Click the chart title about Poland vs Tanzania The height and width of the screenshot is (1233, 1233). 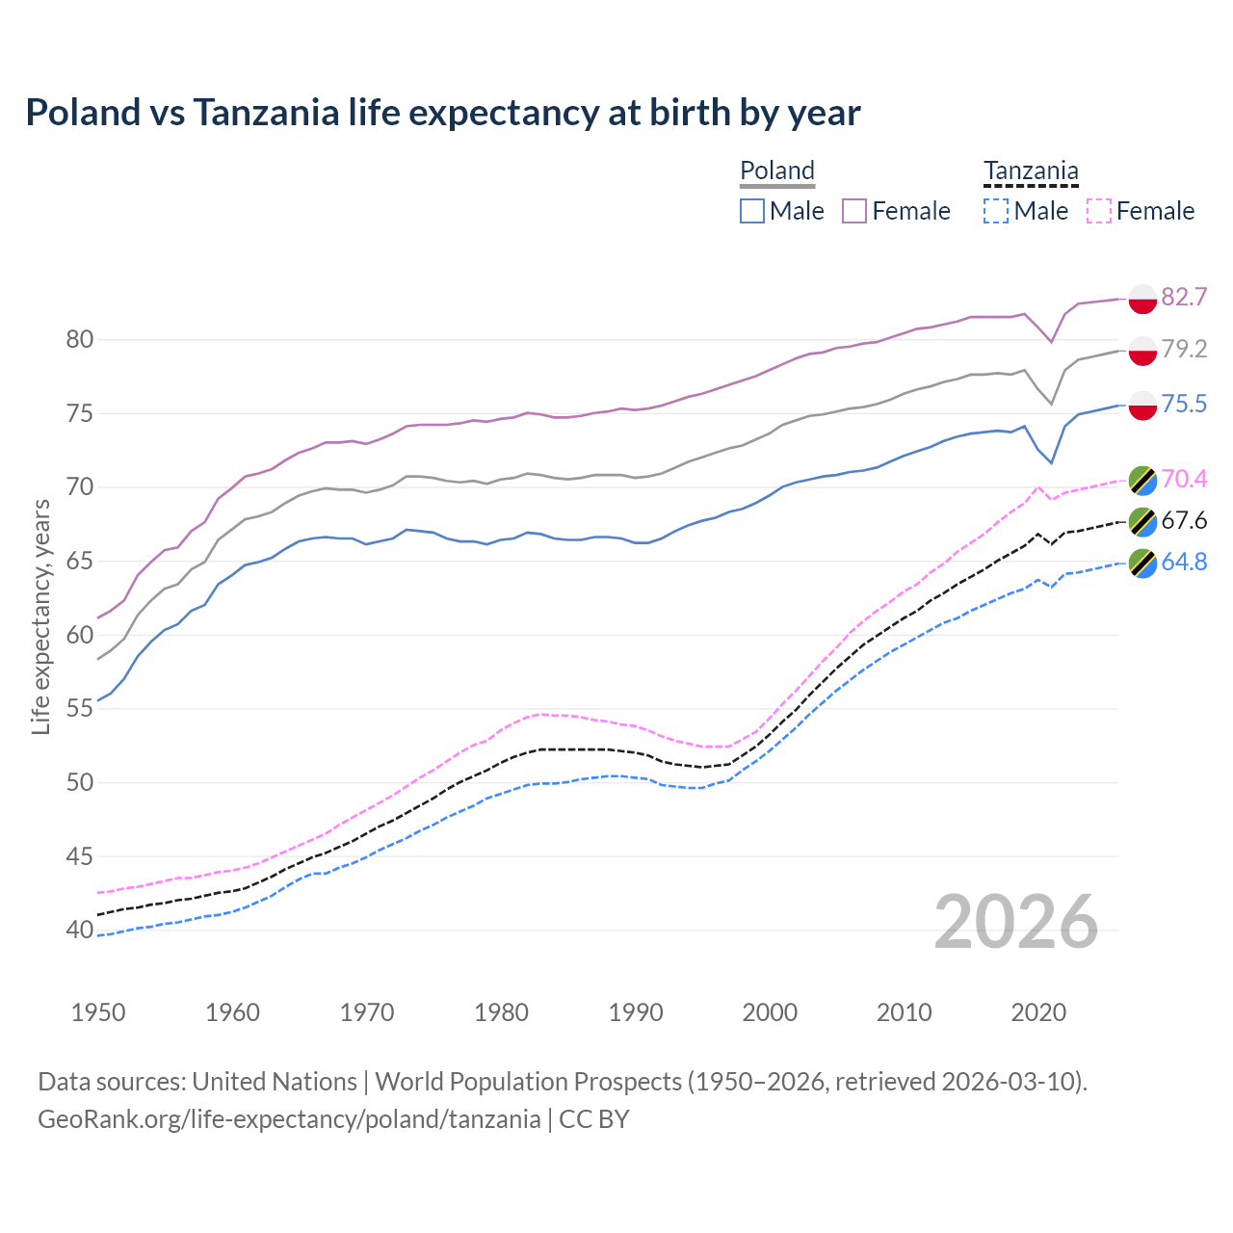tap(442, 113)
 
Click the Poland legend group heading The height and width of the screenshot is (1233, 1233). tap(777, 171)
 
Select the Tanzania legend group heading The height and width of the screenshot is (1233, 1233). tap(1031, 171)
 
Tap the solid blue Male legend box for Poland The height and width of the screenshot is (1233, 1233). tap(752, 211)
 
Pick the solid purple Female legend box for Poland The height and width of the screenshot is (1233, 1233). tap(854, 211)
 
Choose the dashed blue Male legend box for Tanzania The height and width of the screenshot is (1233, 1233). tap(996, 211)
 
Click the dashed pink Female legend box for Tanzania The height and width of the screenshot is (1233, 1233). tap(1099, 211)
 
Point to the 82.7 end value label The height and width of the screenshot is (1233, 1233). tap(1184, 297)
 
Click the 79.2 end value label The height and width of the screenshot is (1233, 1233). tap(1184, 349)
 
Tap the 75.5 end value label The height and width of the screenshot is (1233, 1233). tap(1184, 404)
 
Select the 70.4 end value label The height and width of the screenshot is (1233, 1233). tap(1184, 479)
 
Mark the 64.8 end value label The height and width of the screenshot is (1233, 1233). tap(1184, 562)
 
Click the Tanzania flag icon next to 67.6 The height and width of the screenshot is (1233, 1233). tap(1142, 521)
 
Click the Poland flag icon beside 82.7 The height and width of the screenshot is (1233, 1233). tap(1142, 298)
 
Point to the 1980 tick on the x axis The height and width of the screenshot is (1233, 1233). tap(501, 1012)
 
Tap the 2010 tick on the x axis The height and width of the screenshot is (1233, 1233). tap(904, 1012)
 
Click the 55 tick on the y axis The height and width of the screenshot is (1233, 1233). tap(79, 708)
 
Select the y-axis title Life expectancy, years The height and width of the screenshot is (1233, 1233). tap(40, 616)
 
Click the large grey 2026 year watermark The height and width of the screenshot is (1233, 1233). tap(1015, 922)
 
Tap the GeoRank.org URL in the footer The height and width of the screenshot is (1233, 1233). tap(289, 1118)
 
